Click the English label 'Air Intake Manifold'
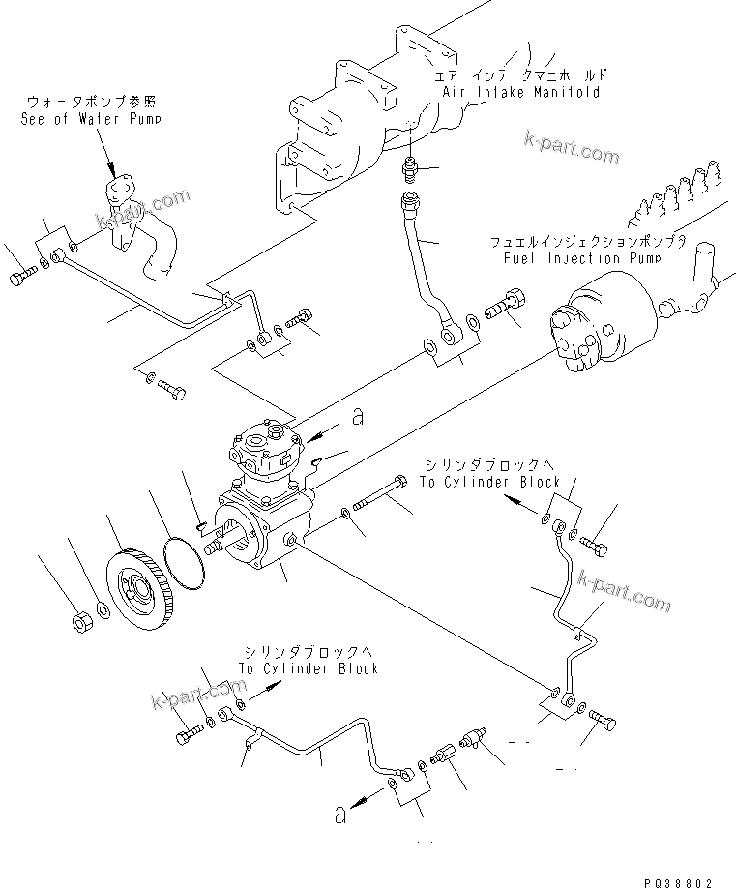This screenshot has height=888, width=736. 520,92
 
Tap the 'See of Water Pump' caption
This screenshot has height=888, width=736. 91,119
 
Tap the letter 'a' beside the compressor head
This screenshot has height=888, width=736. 357,417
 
